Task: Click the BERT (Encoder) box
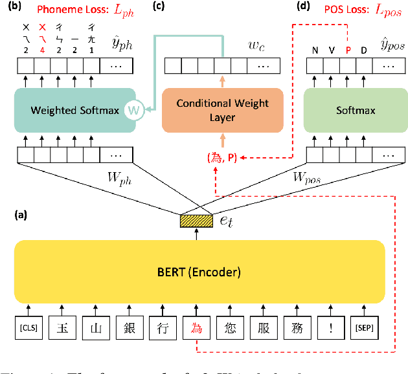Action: click(199, 271)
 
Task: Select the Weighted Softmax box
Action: click(74, 110)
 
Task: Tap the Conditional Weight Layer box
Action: click(223, 110)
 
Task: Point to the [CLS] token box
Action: click(29, 328)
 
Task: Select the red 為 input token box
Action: click(196, 328)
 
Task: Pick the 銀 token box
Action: click(128, 328)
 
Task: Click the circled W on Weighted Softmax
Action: click(133, 110)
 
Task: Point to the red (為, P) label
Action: click(223, 157)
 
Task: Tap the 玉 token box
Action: click(62, 328)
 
